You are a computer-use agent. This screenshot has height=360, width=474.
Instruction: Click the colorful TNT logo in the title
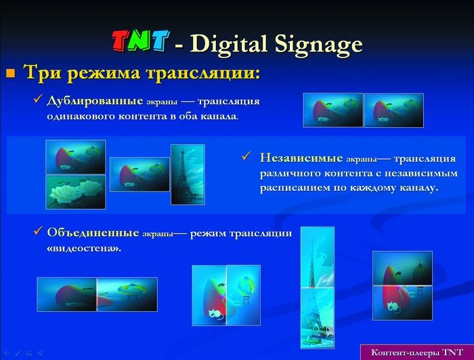click(x=139, y=43)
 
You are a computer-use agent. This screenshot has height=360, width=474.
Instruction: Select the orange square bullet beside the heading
click(x=10, y=73)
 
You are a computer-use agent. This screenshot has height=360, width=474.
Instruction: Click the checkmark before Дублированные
click(x=38, y=100)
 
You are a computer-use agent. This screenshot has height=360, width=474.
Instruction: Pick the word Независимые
click(x=301, y=158)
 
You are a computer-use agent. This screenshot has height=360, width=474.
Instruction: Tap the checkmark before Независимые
click(x=246, y=157)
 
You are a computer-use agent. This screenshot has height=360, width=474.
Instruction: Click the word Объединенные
click(x=93, y=233)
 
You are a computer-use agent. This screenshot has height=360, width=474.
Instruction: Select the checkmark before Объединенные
click(x=38, y=232)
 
